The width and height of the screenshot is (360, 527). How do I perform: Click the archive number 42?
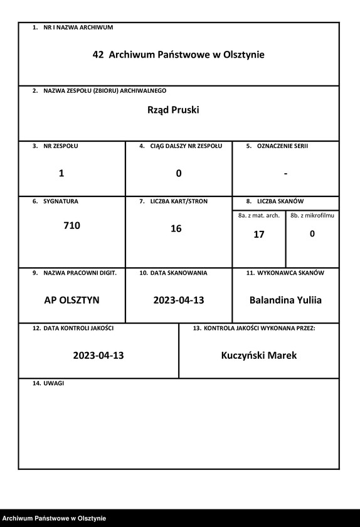pos(98,55)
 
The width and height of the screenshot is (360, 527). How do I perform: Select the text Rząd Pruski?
pos(173,110)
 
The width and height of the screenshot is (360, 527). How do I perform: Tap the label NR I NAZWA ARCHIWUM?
pos(78,28)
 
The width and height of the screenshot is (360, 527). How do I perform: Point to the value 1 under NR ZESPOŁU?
pos(61,174)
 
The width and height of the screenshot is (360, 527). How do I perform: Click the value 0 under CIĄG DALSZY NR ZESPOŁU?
pos(179,174)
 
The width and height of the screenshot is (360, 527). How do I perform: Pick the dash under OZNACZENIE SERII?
pos(285,174)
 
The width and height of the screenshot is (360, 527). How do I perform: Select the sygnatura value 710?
pos(71,225)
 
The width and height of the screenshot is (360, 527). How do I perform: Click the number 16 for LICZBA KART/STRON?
pos(176,229)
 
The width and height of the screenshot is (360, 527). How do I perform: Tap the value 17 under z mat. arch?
pos(259,235)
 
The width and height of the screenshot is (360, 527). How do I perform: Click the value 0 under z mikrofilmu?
pos(312,234)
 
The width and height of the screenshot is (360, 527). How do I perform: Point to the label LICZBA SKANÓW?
pos(280,201)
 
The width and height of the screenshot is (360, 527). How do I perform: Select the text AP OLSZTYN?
pos(71,301)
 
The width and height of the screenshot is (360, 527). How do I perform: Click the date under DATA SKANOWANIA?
pos(179,301)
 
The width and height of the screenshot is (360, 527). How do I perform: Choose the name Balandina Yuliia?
pos(285,301)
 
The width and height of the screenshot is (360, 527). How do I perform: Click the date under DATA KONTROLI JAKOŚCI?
pos(98,356)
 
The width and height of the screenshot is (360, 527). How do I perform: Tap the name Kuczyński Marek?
pos(259,356)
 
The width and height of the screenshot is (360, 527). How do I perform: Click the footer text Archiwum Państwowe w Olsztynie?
pos(53,518)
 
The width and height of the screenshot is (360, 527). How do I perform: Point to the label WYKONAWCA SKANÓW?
pos(289,273)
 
